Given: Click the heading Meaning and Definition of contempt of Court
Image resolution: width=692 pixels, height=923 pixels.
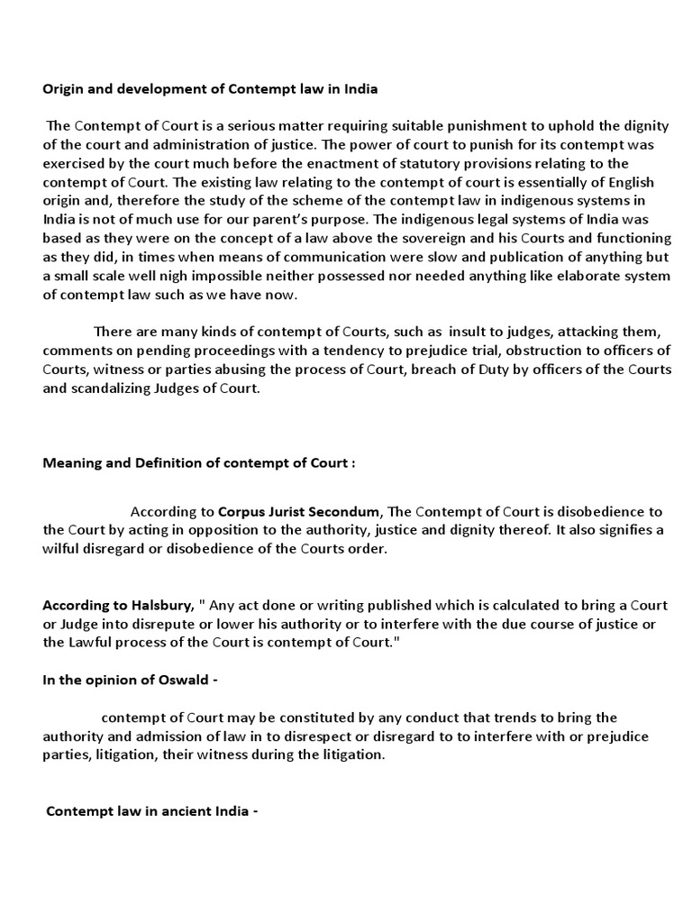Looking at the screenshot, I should coord(199,462).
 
